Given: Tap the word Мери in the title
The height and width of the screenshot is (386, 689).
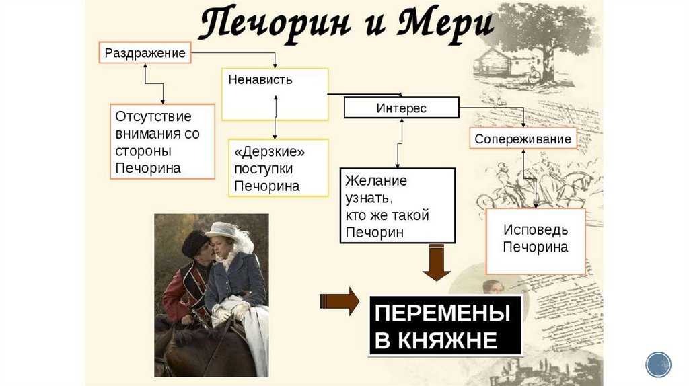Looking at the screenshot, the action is pos(444,26).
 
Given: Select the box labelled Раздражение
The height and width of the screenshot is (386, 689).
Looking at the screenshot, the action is pos(145,53).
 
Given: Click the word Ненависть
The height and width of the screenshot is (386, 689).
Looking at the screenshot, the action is pos(260,80).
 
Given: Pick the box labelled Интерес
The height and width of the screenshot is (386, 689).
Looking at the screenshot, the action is pos(402,108).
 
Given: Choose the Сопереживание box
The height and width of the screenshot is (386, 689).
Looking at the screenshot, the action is pos(523,139).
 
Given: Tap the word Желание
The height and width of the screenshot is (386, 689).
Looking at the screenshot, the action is pos(376,181).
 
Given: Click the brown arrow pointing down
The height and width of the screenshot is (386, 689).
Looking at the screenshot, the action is pos(436,264).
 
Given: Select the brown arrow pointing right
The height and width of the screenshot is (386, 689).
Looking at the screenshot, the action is pos(340,301).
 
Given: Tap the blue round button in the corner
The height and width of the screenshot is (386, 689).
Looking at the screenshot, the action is pos(658,364).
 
